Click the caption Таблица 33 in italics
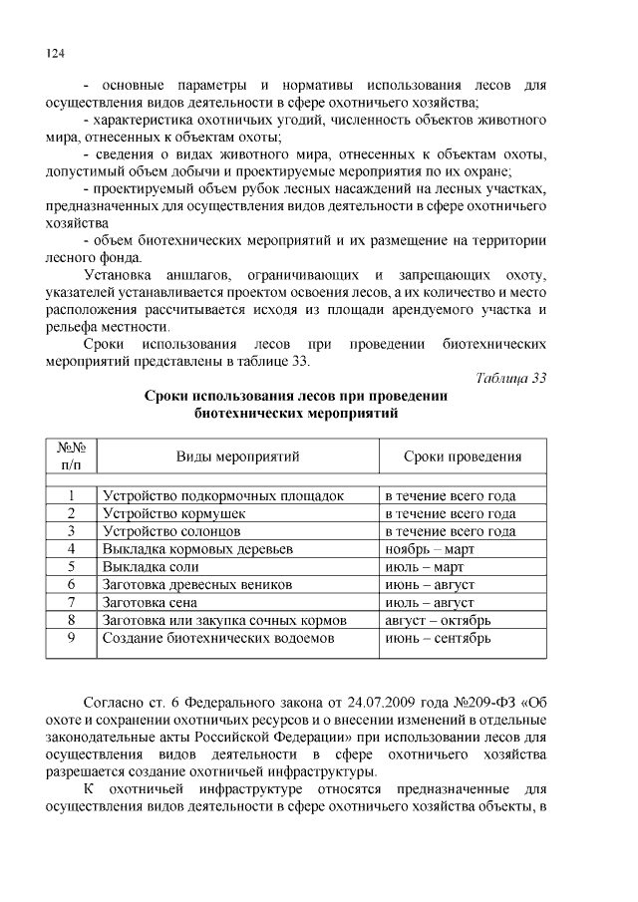(510, 376)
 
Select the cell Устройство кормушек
(173, 513)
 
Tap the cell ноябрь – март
(430, 549)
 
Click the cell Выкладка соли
(151, 567)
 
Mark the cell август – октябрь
(437, 620)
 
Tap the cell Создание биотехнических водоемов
(216, 638)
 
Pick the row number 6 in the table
(72, 585)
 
